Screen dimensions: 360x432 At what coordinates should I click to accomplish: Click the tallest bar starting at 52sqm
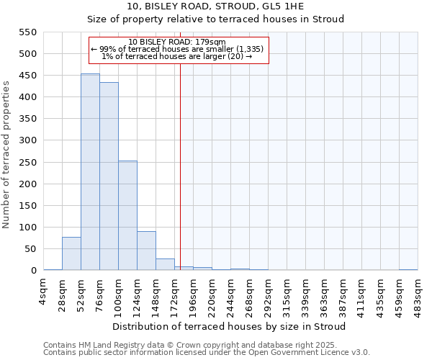(90, 173)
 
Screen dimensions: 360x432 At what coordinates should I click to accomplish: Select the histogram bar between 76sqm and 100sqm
(109, 177)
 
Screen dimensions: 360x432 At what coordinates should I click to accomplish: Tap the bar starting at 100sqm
(127, 216)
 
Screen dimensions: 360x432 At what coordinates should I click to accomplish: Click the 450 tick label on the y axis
(27, 76)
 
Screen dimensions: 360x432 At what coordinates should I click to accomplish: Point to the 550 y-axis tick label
(27, 32)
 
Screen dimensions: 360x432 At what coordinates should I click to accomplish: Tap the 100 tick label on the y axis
(27, 228)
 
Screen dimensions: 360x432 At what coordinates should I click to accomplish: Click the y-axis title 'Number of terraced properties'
(6, 154)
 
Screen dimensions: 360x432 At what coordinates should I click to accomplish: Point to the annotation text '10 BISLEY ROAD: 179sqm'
(178, 42)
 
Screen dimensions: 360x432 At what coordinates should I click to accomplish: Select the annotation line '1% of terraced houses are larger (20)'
(178, 56)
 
